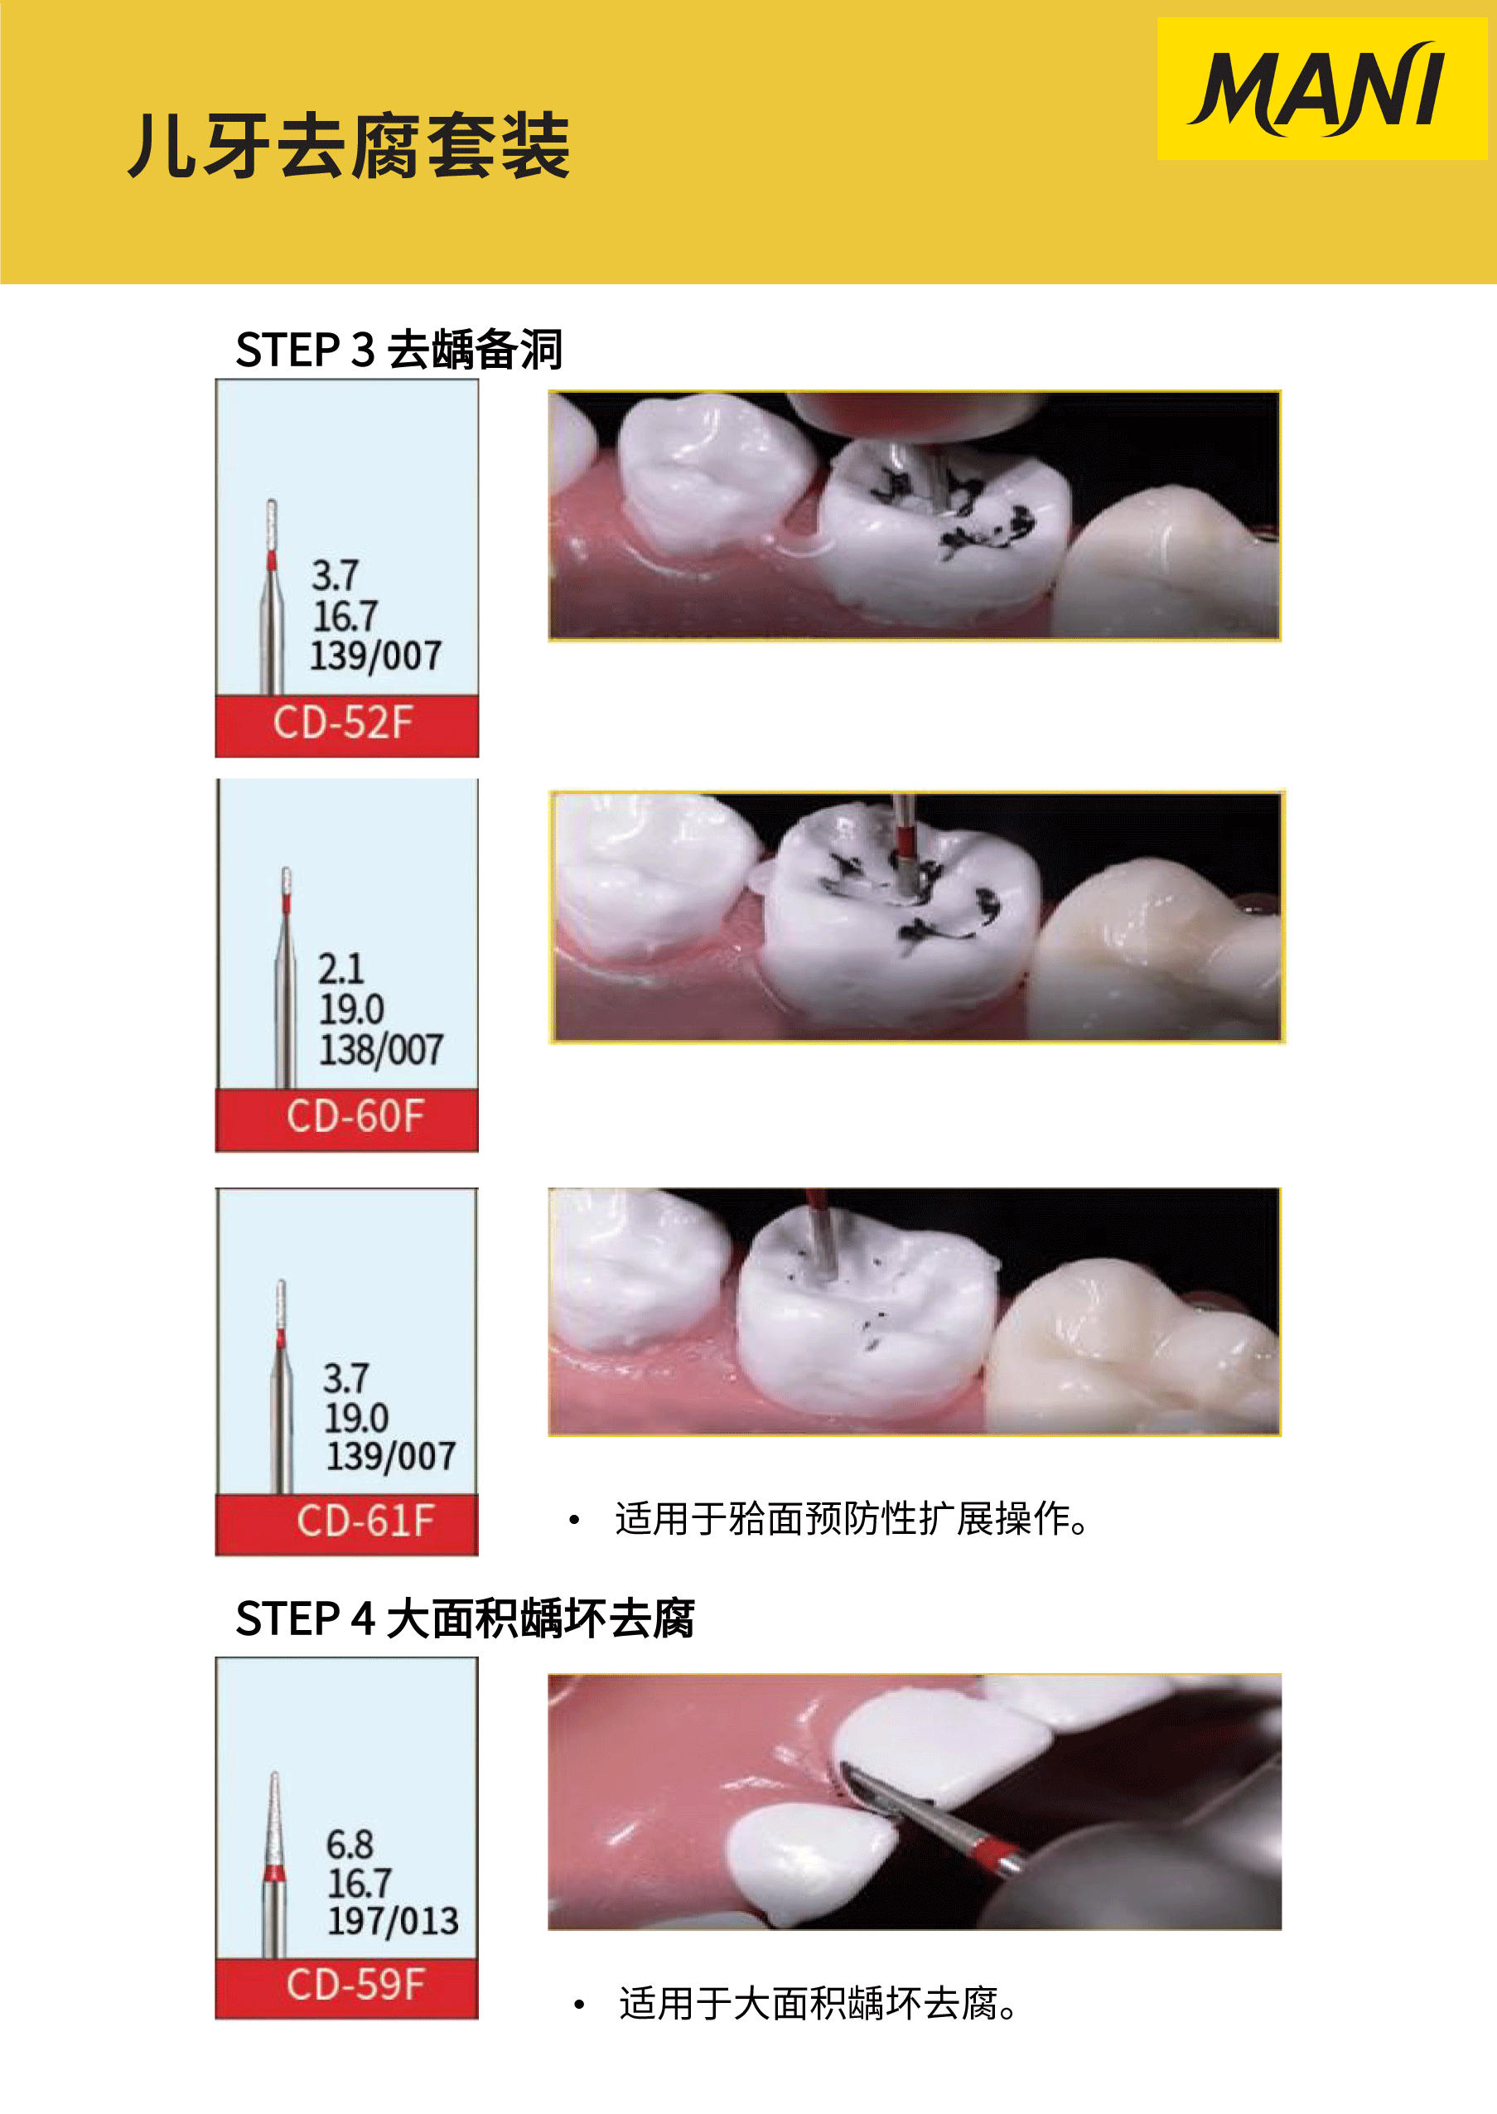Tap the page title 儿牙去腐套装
349,146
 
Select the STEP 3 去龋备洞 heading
398,351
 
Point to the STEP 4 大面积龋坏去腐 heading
465,1620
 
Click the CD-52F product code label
343,723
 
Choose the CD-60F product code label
355,1116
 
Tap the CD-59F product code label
355,1984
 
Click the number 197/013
393,1921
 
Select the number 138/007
381,1050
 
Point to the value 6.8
350,1845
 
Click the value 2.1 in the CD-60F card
341,969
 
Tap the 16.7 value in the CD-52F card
345,616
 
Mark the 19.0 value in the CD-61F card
355,1418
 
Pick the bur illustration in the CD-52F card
271,597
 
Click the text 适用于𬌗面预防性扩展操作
851,1519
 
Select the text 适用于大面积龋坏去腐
818,2003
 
